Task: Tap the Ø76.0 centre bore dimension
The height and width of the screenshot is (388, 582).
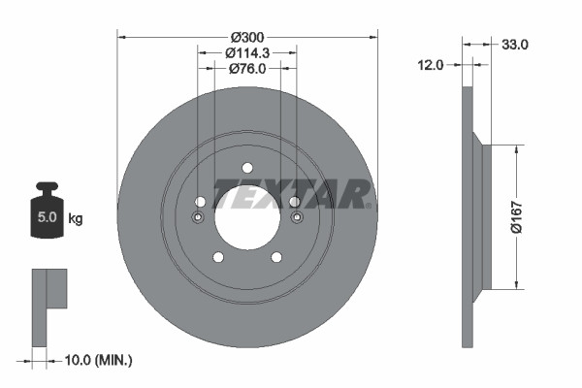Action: point(247,69)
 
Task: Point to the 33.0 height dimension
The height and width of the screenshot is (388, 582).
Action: point(513,44)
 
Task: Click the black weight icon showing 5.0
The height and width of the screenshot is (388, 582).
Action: point(47,206)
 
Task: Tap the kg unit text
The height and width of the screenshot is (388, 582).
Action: point(75,219)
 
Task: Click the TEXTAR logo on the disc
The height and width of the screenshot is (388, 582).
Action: point(290,193)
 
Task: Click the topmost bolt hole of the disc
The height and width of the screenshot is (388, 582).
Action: point(246,166)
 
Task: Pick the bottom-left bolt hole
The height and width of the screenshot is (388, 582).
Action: point(217,257)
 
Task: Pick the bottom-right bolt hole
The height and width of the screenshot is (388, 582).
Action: point(276,257)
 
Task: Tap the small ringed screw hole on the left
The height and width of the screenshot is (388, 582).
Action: point(198,217)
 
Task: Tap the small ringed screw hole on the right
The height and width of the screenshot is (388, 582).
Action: point(295,217)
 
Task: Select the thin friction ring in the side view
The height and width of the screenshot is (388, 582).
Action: point(469,216)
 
